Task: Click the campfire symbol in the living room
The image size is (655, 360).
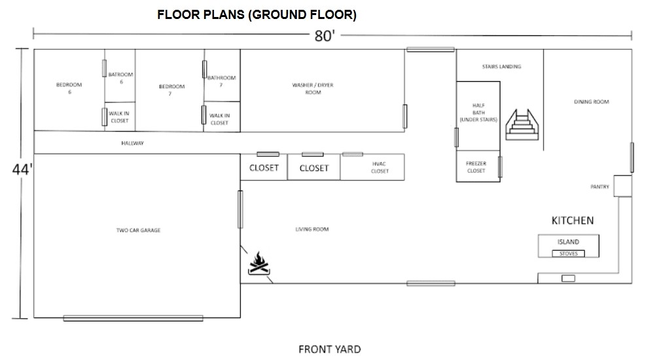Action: click(x=259, y=263)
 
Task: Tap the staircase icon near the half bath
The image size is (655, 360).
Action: click(x=522, y=124)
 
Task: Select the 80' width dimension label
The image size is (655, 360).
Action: click(x=325, y=36)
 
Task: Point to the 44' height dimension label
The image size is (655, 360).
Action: click(x=22, y=170)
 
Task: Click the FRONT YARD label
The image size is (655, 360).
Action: click(x=330, y=349)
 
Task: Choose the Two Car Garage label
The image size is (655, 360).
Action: click(x=138, y=230)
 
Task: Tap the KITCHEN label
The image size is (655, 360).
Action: click(x=573, y=221)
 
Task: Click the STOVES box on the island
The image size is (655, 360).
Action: click(x=569, y=253)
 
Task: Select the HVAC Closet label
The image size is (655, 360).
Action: click(x=380, y=168)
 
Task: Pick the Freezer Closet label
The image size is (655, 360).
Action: click(x=476, y=167)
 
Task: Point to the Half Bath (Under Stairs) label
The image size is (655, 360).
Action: click(x=479, y=113)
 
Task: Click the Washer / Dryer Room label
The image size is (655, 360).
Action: click(x=313, y=88)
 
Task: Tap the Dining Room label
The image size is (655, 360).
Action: click(x=592, y=101)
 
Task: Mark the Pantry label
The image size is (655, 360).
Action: click(x=599, y=187)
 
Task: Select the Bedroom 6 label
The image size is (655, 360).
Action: click(x=69, y=88)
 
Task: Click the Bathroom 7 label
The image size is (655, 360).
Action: click(x=222, y=81)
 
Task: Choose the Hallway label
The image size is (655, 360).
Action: click(x=132, y=143)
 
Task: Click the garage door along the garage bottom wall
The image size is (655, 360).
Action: click(x=133, y=318)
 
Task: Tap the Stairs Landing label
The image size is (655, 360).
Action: click(x=502, y=66)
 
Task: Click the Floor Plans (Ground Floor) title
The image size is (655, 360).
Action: click(x=257, y=14)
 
